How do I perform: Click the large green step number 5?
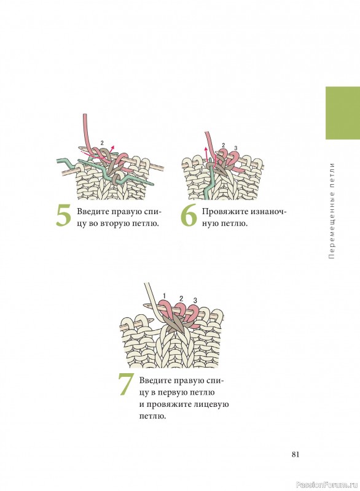point(64,216)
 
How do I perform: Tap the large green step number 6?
point(189,215)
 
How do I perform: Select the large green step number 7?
point(126,384)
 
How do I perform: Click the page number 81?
point(295,454)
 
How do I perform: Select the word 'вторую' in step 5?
point(113,224)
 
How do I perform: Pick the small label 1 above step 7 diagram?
point(165,296)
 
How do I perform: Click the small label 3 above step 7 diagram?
point(195,301)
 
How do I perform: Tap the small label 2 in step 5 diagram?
point(102,143)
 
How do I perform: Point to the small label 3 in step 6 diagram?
point(236,148)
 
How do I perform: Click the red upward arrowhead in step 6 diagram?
point(206,149)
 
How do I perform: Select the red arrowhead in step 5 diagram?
point(113,147)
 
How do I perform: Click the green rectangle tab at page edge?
point(343,113)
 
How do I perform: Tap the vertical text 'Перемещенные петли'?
point(332,211)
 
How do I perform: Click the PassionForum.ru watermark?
point(327,485)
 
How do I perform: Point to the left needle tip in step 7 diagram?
point(145,305)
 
